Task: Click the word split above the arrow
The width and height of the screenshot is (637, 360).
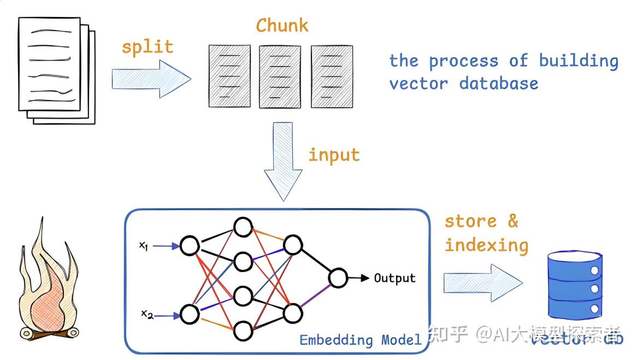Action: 147,46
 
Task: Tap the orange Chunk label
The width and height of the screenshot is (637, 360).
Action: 282,25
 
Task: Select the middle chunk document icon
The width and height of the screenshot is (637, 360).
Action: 280,76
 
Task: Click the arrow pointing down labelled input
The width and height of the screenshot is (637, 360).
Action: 283,162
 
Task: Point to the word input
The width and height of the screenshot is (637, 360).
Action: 334,155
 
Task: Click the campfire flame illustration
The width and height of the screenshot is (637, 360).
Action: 46,285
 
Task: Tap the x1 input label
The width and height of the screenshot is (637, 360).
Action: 144,246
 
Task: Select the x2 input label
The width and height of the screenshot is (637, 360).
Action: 147,314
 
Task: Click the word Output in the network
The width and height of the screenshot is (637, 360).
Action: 394,278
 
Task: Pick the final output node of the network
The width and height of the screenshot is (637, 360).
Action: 338,278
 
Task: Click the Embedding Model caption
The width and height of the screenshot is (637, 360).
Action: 361,340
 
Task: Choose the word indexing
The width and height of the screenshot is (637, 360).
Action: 486,245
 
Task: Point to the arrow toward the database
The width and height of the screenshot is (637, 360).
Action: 483,282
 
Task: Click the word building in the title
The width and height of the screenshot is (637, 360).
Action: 579,61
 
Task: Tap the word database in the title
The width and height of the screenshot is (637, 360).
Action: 498,84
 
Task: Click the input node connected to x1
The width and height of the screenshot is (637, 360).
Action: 190,246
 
